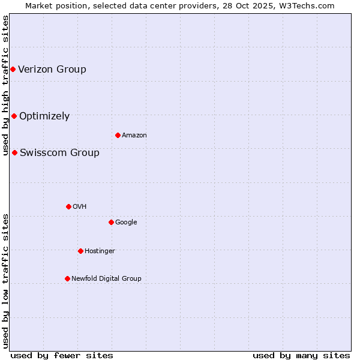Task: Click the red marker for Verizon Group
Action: click(x=13, y=70)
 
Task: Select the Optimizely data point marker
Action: click(x=14, y=116)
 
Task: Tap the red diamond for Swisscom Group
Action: click(x=14, y=152)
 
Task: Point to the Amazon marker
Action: click(x=118, y=135)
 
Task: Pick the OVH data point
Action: click(x=68, y=206)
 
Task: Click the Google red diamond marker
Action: click(x=111, y=222)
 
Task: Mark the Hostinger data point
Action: click(x=80, y=251)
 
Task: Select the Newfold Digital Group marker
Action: click(x=67, y=278)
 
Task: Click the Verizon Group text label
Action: click(x=52, y=69)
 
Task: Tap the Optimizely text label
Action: click(x=44, y=116)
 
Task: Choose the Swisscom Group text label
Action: click(x=59, y=152)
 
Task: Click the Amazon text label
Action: click(x=134, y=135)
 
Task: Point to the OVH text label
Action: click(x=80, y=206)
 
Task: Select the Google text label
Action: click(x=126, y=222)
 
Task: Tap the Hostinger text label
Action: click(x=100, y=251)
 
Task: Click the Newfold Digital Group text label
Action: click(x=106, y=278)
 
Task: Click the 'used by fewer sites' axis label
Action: click(x=62, y=355)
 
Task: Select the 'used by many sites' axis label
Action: click(x=301, y=355)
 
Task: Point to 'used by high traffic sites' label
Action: click(x=5, y=85)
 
